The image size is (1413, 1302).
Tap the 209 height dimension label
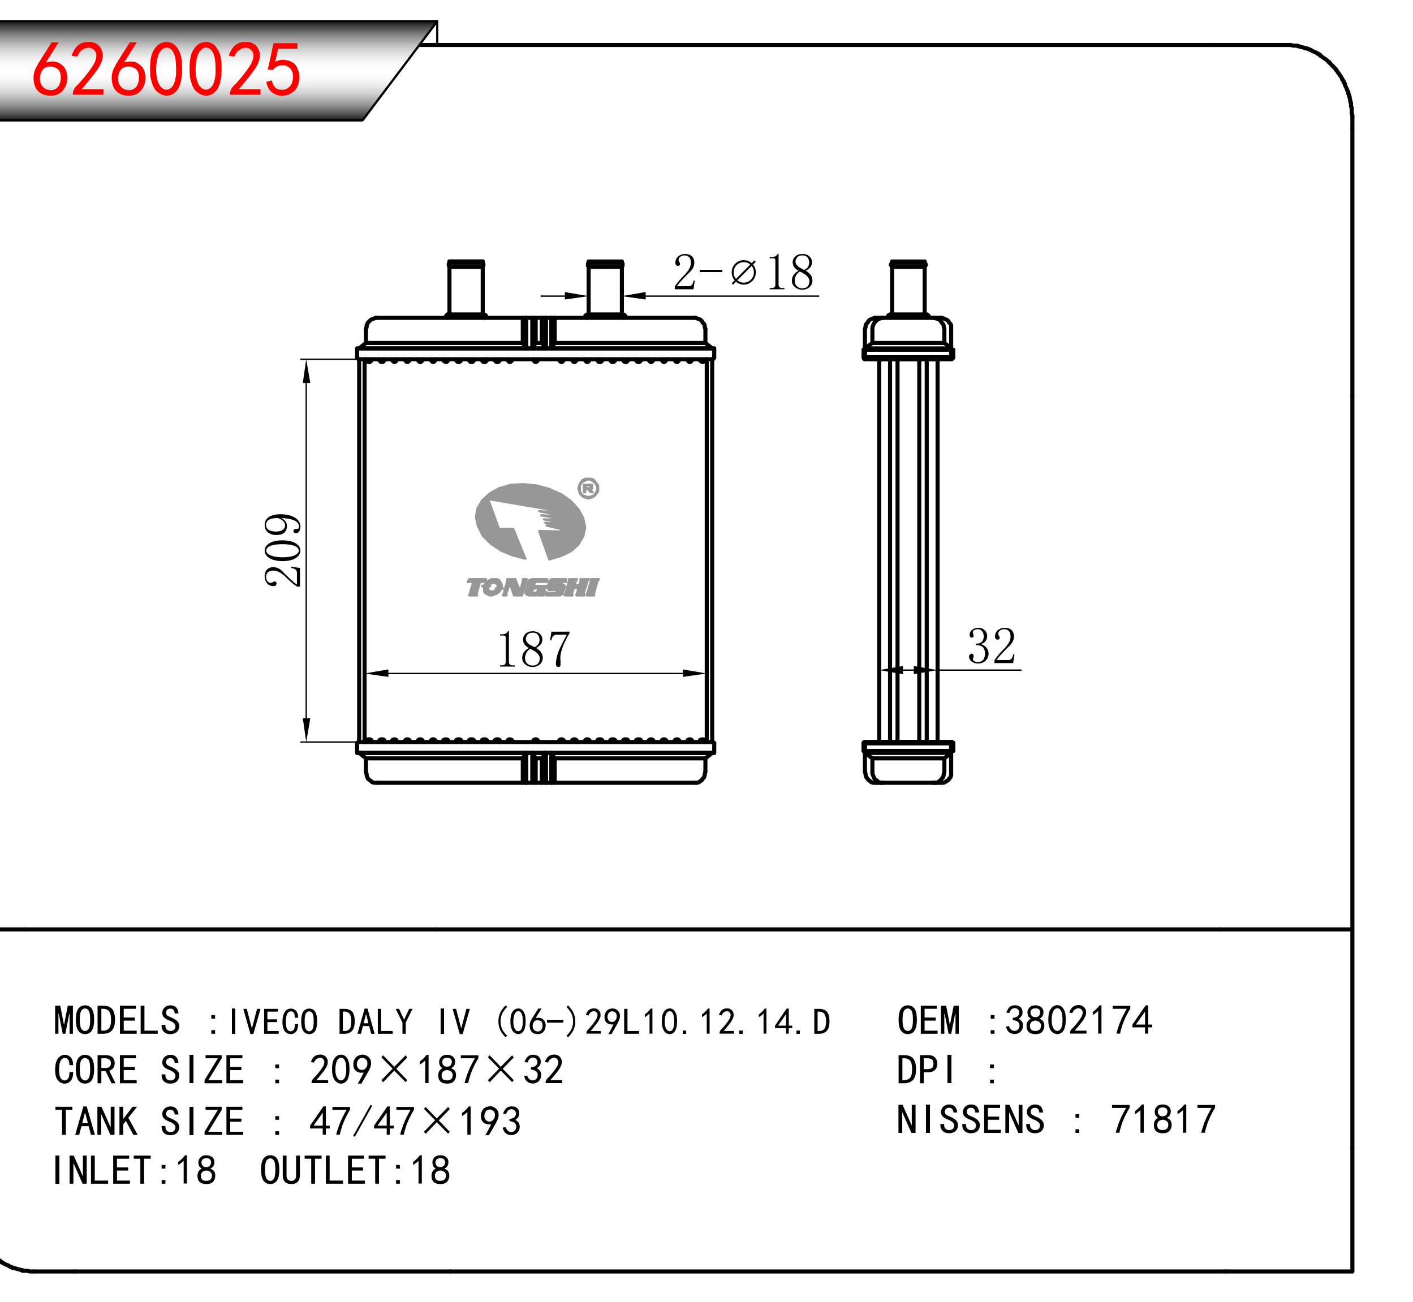click(x=283, y=550)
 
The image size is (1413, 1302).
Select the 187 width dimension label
click(x=533, y=650)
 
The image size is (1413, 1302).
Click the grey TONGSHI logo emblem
click(x=530, y=522)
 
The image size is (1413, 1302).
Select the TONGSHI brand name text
click(x=533, y=587)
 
